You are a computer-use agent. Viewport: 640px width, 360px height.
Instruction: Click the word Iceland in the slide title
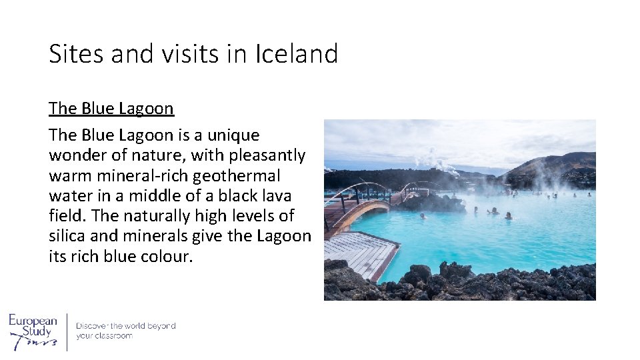297,54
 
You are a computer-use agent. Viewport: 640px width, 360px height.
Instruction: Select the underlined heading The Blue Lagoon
111,109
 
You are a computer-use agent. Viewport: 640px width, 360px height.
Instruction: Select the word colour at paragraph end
167,257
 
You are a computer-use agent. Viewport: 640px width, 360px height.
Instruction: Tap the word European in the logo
33,321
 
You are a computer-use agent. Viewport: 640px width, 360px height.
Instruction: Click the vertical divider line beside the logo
67,331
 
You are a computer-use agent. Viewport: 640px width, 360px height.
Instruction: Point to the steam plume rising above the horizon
429,158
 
